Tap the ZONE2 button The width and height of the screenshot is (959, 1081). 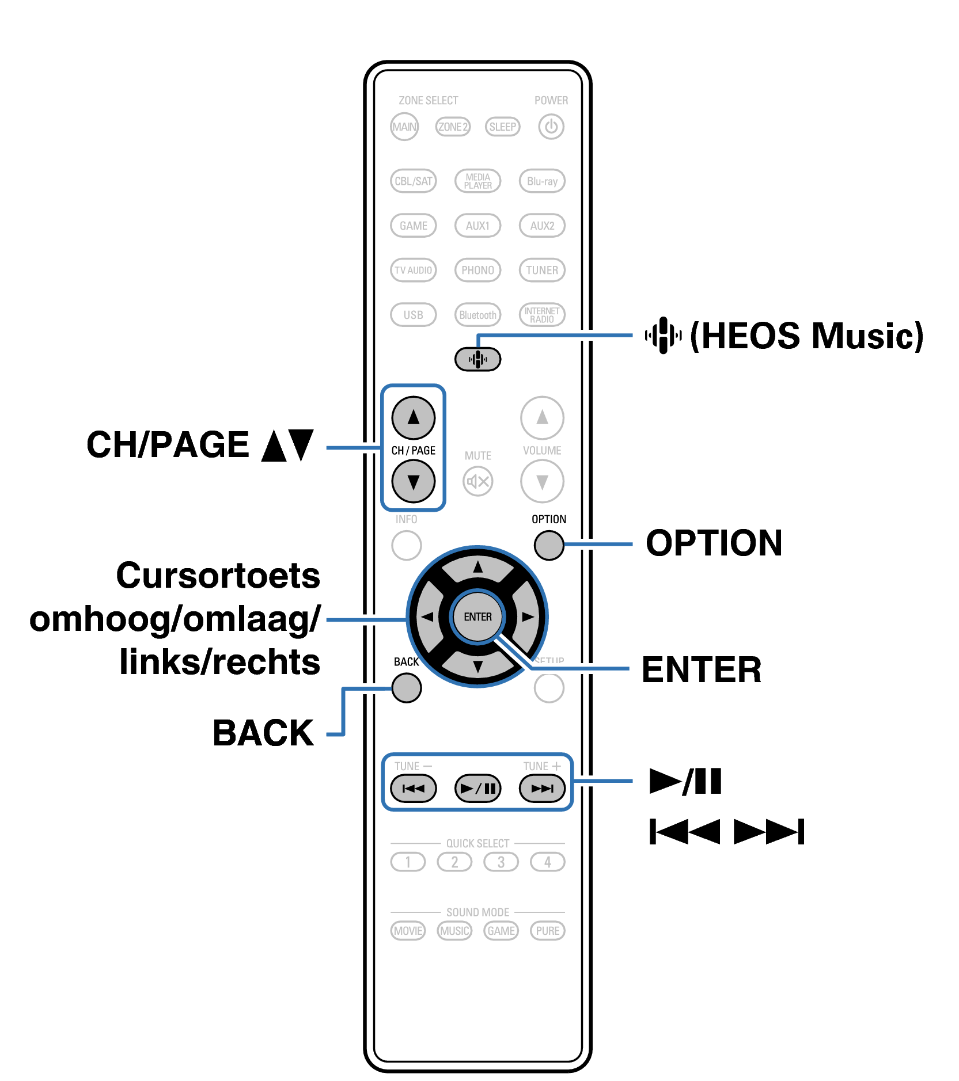tap(453, 127)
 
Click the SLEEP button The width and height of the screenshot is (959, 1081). tap(502, 127)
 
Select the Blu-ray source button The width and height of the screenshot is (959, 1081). tap(542, 181)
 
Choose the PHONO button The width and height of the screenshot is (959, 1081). tap(477, 270)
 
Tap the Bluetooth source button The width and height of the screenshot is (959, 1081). tap(477, 315)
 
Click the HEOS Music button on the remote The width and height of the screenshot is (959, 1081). tap(477, 360)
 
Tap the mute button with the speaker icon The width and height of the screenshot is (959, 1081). tap(477, 481)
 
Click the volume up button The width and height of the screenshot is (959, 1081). tap(542, 417)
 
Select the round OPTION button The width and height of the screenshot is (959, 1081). tap(548, 545)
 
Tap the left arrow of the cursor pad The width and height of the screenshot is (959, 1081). tap(427, 617)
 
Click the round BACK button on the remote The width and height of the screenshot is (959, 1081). tap(407, 688)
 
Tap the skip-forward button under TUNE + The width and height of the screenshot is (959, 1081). tap(542, 788)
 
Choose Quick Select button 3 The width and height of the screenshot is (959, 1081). tap(501, 862)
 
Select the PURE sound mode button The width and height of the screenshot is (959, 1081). tap(547, 931)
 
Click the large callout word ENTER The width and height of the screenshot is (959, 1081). tap(701, 670)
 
